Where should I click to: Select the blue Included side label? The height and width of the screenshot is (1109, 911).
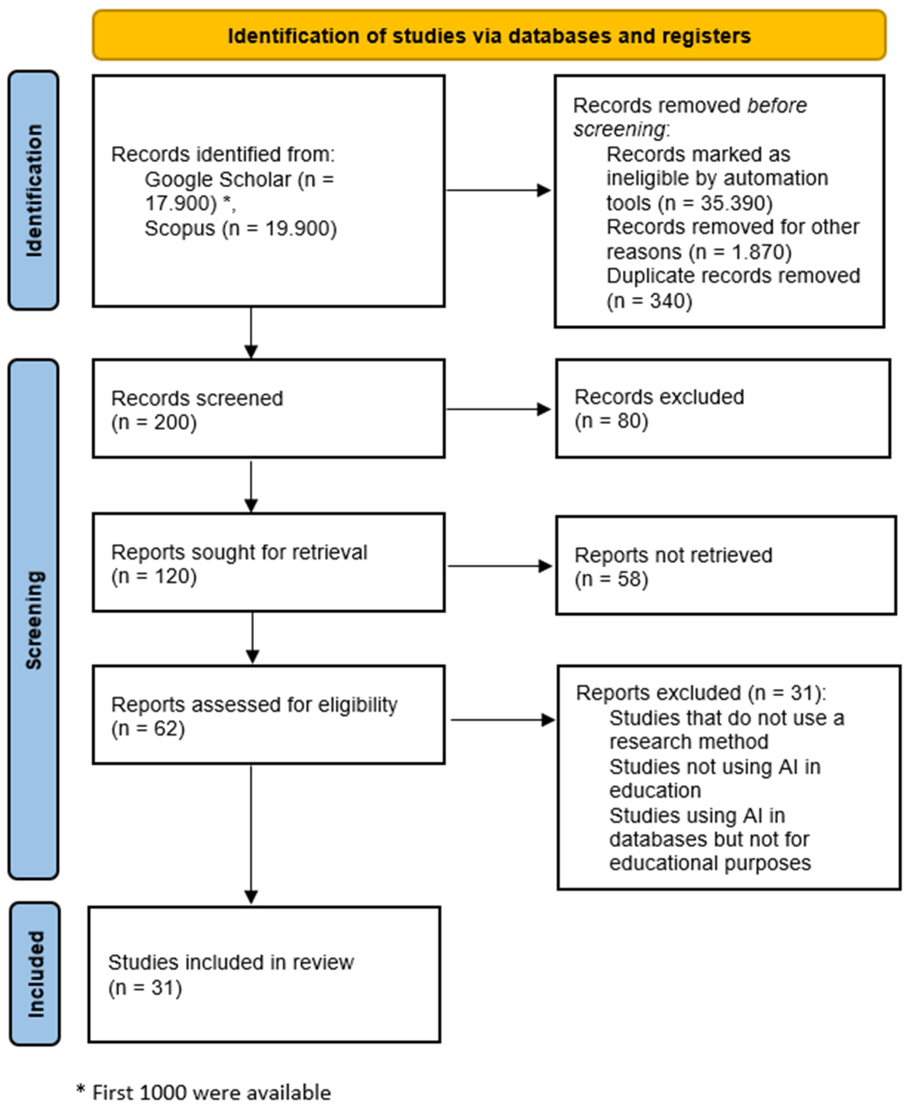tap(35, 974)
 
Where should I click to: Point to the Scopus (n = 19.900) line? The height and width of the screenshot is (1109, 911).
tap(240, 229)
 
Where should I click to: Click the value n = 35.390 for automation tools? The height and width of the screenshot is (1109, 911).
tap(715, 203)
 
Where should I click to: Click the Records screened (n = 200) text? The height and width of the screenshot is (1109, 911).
tap(197, 409)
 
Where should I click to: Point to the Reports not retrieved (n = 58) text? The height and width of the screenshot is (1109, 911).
tap(673, 566)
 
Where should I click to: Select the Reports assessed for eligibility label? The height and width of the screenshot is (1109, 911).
tap(254, 705)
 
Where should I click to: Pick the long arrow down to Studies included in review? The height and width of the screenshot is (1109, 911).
tap(251, 834)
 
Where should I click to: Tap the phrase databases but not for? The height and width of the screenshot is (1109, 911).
tap(709, 839)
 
